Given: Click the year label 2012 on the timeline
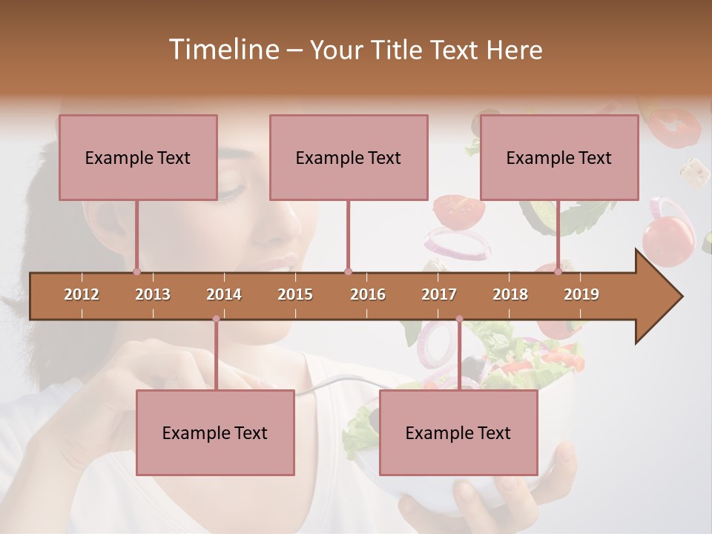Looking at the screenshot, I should tap(82, 294).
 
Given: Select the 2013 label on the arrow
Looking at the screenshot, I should tap(153, 294).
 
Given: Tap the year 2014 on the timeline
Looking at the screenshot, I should tap(224, 294).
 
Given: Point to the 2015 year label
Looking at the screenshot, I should tap(295, 294).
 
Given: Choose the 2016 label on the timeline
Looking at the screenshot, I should tap(368, 294).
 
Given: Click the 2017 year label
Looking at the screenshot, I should tap(439, 294).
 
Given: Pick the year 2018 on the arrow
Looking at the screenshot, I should tap(510, 294).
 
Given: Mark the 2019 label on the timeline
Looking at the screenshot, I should tap(581, 294).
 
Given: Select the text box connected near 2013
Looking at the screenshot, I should tap(138, 157).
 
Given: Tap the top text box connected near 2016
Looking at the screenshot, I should tap(349, 157).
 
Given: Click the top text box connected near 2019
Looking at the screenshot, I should tap(559, 157).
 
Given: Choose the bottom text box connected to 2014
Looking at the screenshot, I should tap(215, 432).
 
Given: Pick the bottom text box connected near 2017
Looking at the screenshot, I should tap(458, 432).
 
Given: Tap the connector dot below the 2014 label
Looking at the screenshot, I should tap(216, 319).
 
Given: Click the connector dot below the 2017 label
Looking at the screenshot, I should tap(459, 319).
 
